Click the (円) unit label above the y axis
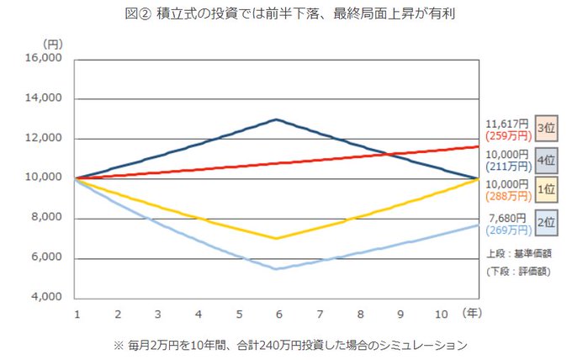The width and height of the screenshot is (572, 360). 52,40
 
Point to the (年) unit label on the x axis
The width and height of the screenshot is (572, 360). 474,312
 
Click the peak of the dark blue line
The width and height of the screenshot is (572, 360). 277,119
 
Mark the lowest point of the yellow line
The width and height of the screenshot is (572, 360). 277,238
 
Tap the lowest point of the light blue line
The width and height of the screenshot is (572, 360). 277,268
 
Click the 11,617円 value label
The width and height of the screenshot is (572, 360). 509,123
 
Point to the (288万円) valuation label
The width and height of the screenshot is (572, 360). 509,195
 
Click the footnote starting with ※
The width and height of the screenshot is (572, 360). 287,345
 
